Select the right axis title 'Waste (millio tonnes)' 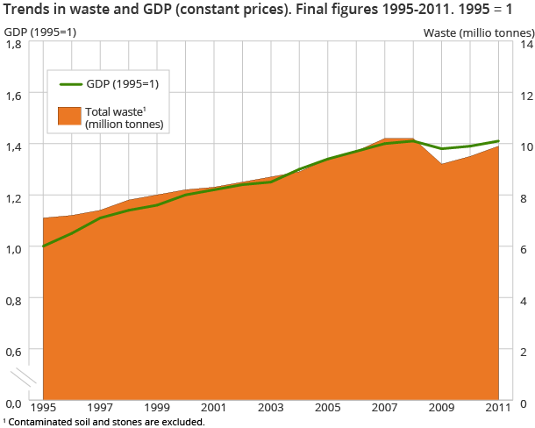(478, 32)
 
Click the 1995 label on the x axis (43, 408)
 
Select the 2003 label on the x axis (271, 408)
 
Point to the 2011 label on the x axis (499, 408)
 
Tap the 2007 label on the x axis (385, 408)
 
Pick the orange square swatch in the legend (68, 115)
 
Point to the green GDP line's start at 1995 (43, 246)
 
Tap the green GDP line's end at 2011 (499, 141)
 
